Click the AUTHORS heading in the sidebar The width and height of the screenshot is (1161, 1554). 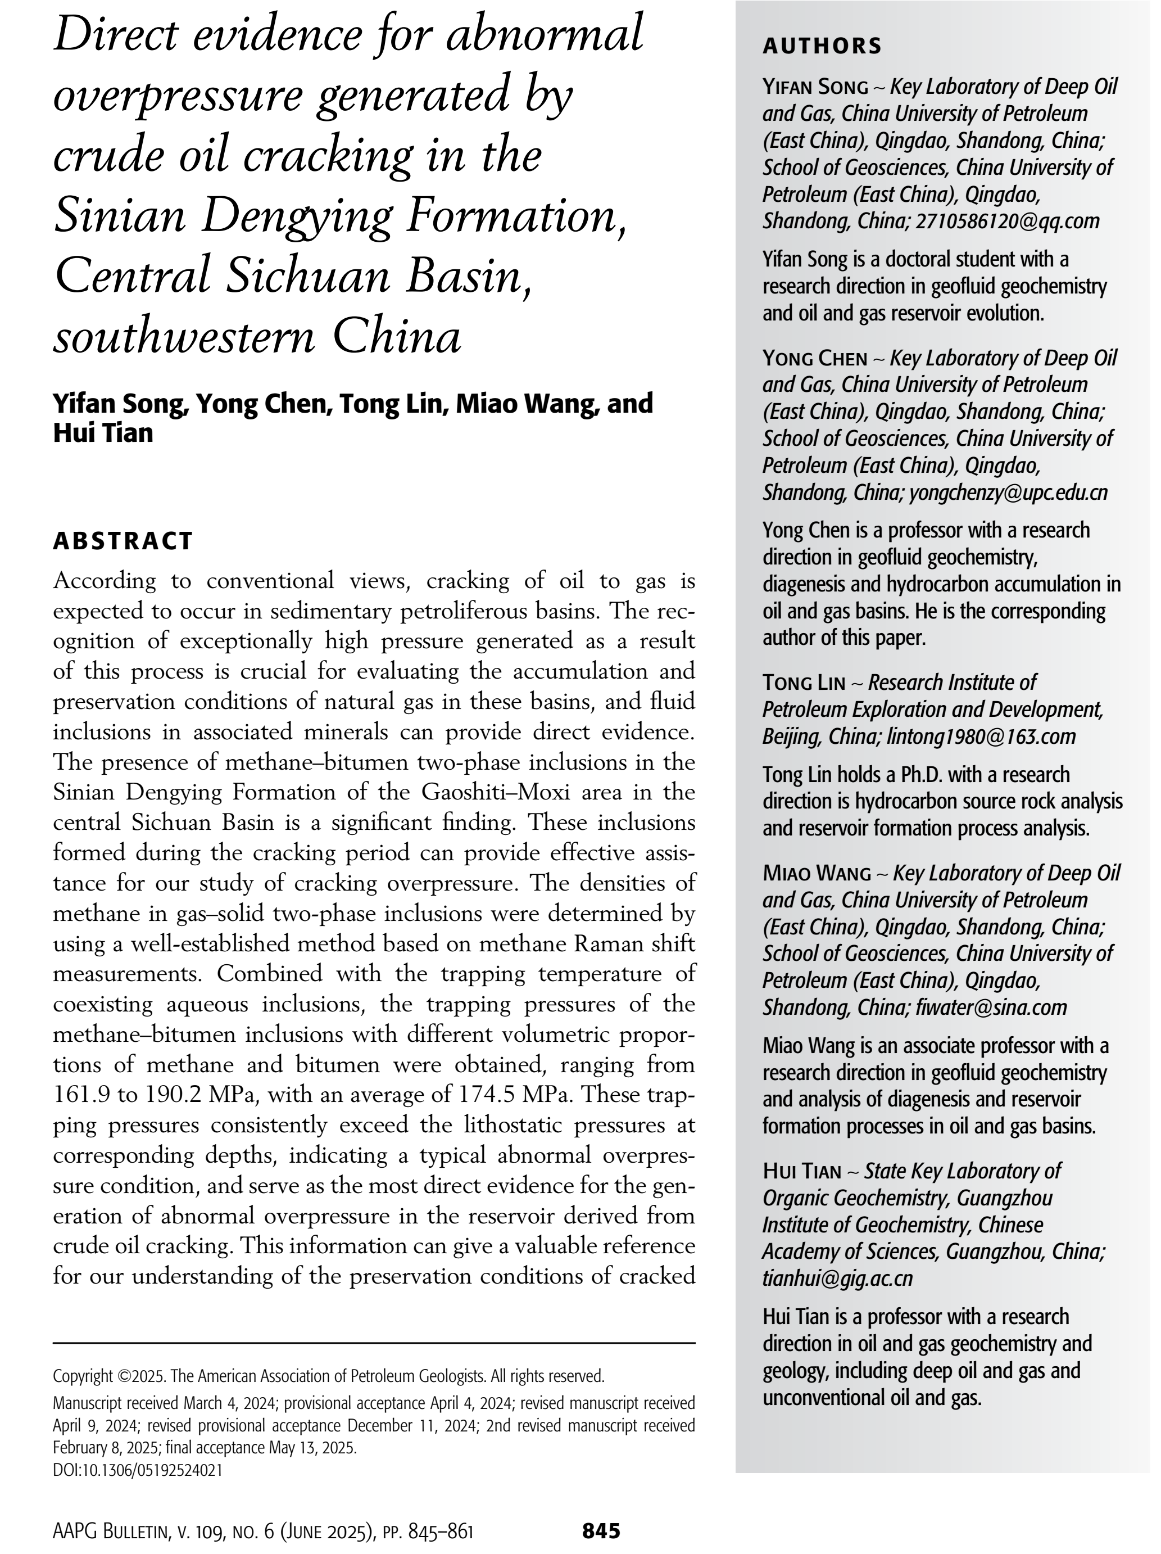[821, 46]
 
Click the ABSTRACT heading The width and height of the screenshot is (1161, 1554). [123, 541]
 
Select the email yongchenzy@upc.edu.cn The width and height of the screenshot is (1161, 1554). [1008, 493]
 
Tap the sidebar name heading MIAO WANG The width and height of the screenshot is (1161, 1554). [816, 874]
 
